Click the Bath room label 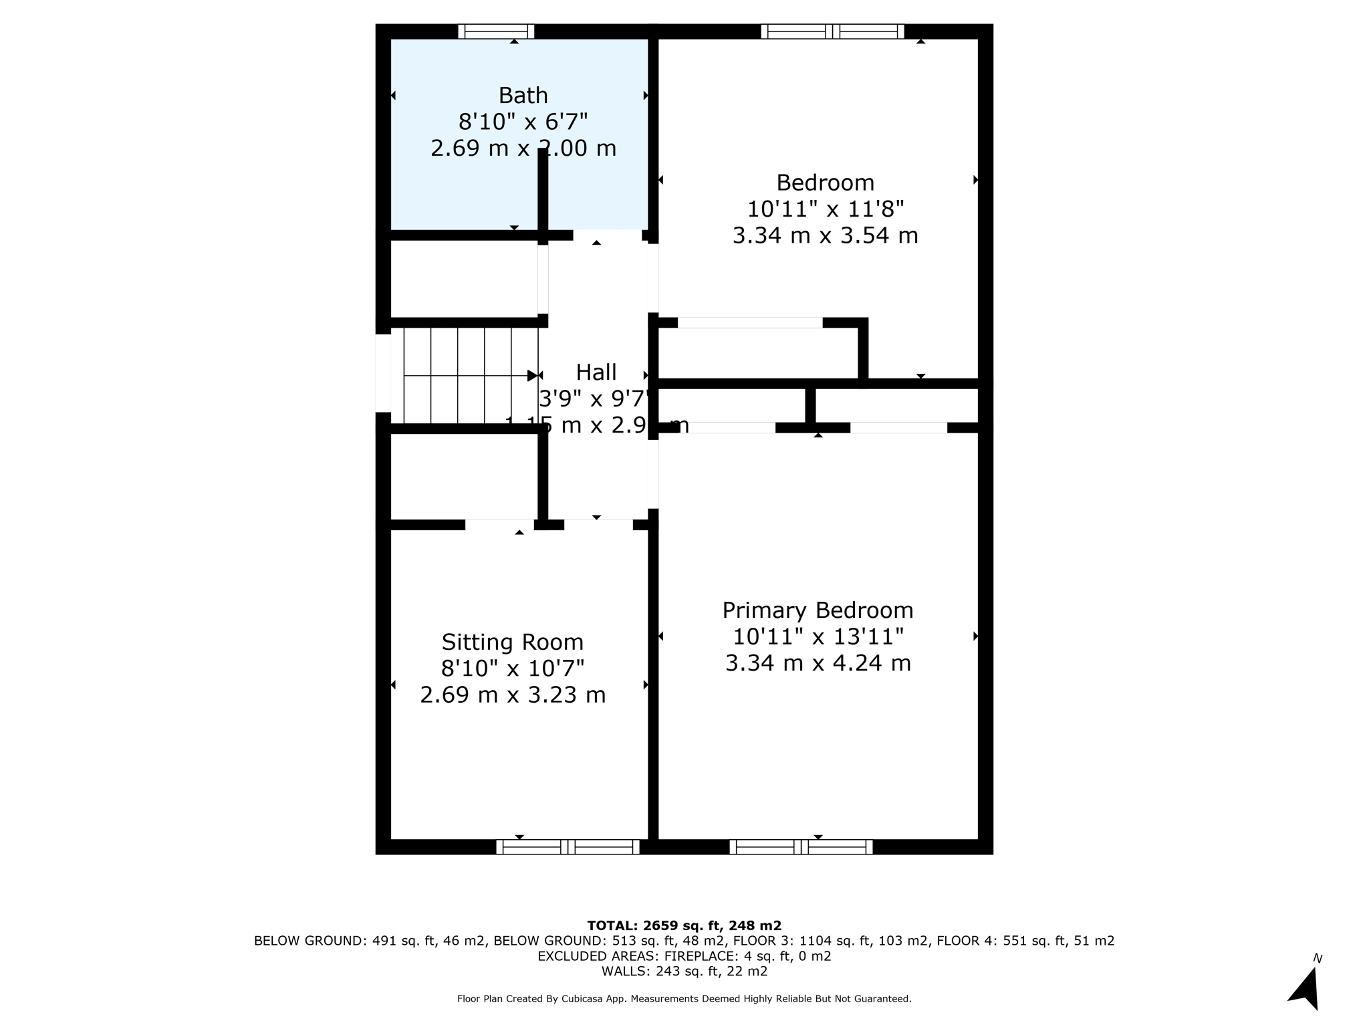pos(523,96)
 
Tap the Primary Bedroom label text pos(817,610)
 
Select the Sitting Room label pos(512,642)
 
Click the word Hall pos(596,372)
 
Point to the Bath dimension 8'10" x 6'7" pos(523,122)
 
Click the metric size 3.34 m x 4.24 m pos(818,663)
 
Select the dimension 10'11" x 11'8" pos(825,209)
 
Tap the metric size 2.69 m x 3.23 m pos(512,695)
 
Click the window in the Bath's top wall pos(496,31)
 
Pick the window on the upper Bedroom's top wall pos(832,31)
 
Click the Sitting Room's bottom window pos(568,846)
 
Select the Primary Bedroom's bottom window pos(801,846)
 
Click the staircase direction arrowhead pos(532,376)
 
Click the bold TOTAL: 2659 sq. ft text pos(684,925)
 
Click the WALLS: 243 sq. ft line pos(684,972)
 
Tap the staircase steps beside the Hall pos(464,376)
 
